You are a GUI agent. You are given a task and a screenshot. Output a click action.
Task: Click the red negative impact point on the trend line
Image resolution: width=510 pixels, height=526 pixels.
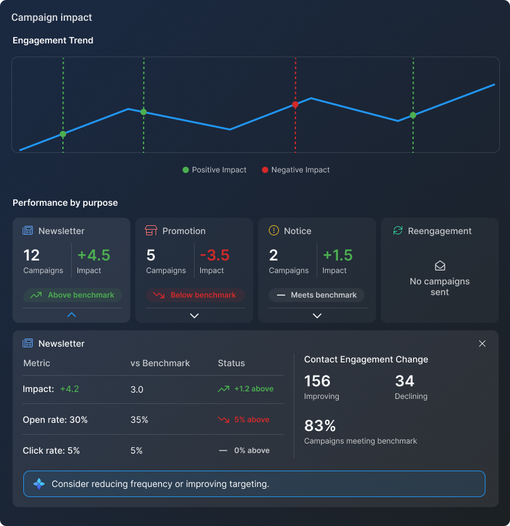pyautogui.click(x=295, y=105)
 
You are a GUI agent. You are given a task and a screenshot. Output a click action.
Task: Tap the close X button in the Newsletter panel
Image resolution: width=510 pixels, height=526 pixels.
pyautogui.click(x=482, y=344)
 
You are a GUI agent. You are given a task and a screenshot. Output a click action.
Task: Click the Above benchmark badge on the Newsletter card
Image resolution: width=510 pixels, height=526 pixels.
pyautogui.click(x=72, y=295)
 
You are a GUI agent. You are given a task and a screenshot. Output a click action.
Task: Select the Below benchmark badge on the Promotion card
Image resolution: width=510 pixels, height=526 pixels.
pyautogui.click(x=195, y=295)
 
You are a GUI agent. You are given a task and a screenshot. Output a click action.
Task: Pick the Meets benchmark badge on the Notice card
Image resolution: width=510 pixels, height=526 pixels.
pyautogui.click(x=317, y=295)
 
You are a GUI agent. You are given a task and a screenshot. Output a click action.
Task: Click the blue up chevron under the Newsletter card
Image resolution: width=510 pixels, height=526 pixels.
pyautogui.click(x=72, y=315)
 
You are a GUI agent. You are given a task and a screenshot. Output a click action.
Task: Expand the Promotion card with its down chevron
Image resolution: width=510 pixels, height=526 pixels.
pyautogui.click(x=195, y=315)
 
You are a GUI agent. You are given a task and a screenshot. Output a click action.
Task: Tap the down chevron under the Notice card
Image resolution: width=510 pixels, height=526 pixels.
pyautogui.click(x=317, y=315)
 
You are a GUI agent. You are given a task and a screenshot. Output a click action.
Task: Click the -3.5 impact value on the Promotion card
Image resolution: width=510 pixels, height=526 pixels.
pyautogui.click(x=215, y=255)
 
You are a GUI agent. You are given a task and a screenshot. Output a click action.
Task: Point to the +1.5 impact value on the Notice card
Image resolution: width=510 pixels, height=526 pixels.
pyautogui.click(x=337, y=255)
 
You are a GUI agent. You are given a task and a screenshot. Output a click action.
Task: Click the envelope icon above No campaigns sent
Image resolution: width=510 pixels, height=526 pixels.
pyautogui.click(x=440, y=266)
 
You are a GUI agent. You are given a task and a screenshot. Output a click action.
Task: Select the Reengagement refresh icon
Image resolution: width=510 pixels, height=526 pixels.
pyautogui.click(x=398, y=231)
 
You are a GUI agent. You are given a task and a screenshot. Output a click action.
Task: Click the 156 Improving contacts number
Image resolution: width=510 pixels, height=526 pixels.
pyautogui.click(x=317, y=381)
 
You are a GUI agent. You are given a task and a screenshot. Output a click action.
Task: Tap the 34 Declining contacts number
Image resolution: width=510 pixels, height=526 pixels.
pyautogui.click(x=404, y=381)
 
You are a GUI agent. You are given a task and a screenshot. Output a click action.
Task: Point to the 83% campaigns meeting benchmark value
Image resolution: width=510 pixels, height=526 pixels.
pyautogui.click(x=320, y=426)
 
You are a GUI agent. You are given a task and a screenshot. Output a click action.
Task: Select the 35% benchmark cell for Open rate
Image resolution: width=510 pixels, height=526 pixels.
pyautogui.click(x=139, y=420)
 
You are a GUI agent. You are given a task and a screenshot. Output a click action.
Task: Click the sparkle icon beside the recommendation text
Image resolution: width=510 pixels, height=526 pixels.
pyautogui.click(x=39, y=484)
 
